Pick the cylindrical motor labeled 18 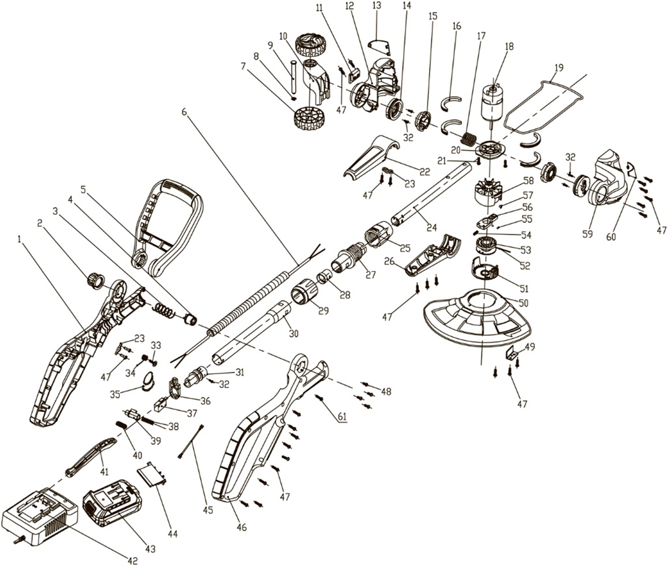[x=489, y=107]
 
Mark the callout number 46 [x=241, y=526]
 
